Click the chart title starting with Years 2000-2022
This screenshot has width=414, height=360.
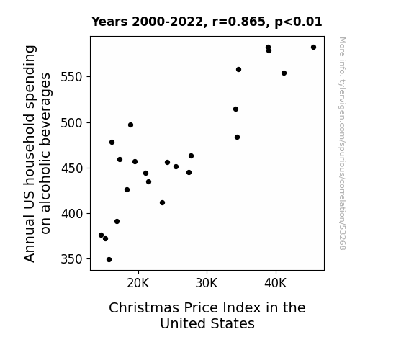pos(207,22)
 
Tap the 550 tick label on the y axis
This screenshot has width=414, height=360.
pos(71,77)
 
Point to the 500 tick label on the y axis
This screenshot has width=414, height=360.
pos(71,123)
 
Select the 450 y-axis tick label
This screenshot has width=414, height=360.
pos(71,168)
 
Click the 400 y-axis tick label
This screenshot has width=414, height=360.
pos(71,214)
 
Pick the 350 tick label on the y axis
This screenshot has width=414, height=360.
pos(71,259)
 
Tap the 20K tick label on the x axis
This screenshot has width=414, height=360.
pos(138,284)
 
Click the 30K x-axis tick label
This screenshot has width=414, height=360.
pos(207,284)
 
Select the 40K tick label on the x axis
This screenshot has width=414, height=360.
pos(276,284)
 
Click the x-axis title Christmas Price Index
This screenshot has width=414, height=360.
pos(207,315)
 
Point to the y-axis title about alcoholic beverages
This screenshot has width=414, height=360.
pos(37,153)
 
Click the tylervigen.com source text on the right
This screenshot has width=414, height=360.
pos(343,143)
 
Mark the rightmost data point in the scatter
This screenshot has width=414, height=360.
pos(313,48)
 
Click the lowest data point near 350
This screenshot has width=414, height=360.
pos(109,260)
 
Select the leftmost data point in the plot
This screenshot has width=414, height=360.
pos(101,235)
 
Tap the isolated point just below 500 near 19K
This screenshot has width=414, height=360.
pos(131,125)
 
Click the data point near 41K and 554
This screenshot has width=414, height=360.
pos(284,73)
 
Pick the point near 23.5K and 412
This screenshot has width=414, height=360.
pos(163,203)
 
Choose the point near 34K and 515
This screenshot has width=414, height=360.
pos(235,109)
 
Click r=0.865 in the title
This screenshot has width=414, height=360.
pos(239,22)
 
